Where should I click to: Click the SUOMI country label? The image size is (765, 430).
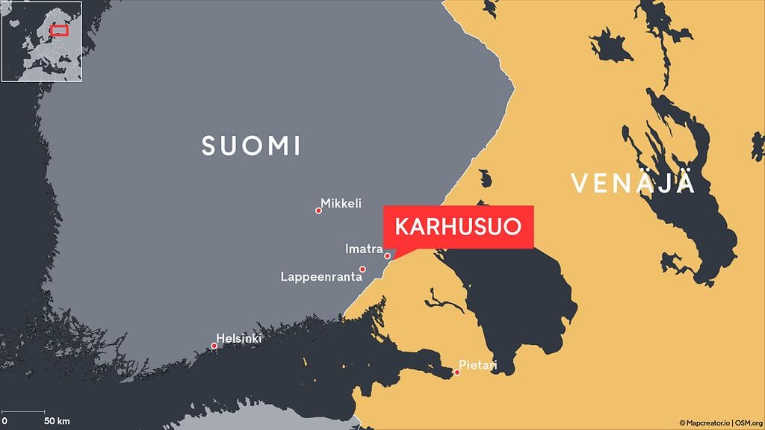click(x=251, y=146)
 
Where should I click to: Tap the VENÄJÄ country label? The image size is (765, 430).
click(x=633, y=183)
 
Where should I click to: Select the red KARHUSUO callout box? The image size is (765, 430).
click(x=457, y=226)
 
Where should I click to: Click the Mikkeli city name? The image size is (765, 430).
click(x=341, y=203)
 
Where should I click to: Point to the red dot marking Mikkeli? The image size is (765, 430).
click(x=318, y=211)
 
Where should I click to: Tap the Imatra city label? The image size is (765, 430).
click(x=364, y=248)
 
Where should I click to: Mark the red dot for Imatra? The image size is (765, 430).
click(x=387, y=256)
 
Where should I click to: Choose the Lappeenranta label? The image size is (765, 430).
click(x=321, y=276)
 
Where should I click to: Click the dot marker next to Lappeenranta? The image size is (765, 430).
click(x=362, y=269)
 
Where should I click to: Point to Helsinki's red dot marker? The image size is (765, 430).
click(x=214, y=346)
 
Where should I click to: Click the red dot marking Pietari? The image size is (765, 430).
click(x=456, y=373)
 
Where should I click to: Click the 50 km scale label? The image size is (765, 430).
click(x=58, y=420)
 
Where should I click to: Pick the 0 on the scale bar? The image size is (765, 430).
click(x=4, y=420)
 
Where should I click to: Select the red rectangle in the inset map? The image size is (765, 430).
click(x=59, y=31)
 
